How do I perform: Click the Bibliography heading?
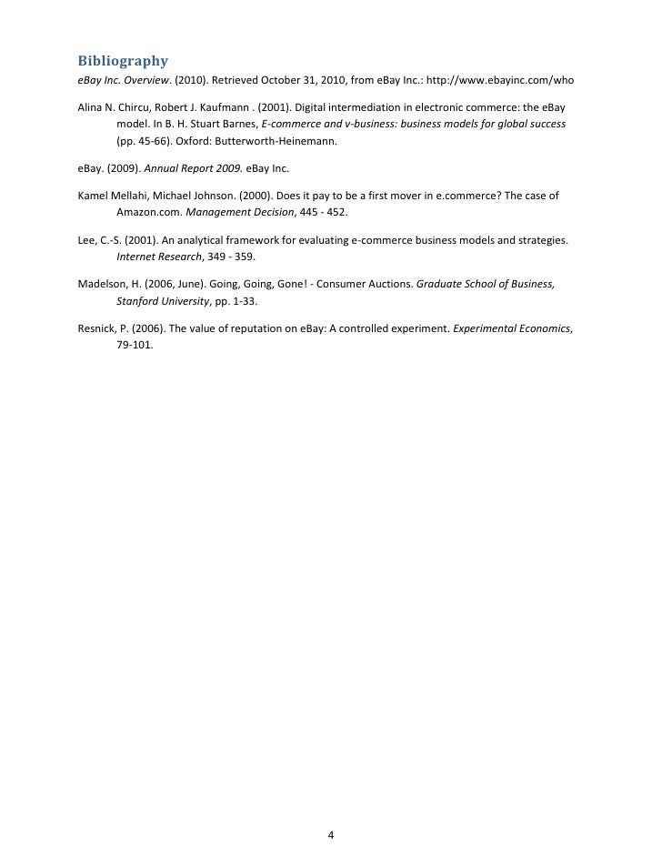tap(123, 61)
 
